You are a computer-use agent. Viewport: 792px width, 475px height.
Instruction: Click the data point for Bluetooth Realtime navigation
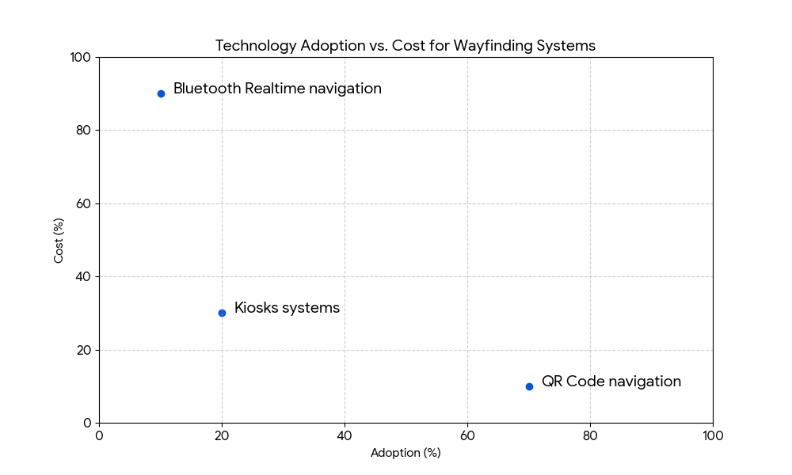(x=161, y=93)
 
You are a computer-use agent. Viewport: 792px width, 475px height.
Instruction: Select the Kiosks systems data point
(x=222, y=313)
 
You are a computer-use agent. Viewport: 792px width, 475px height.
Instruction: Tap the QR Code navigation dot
(x=529, y=386)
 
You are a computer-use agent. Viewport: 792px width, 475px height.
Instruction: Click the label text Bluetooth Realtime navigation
(x=277, y=89)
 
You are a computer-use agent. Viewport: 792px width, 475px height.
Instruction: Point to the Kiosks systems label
(x=287, y=308)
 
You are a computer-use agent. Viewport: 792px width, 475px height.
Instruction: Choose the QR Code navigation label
(x=611, y=382)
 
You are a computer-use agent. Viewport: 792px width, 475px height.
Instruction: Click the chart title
(x=405, y=46)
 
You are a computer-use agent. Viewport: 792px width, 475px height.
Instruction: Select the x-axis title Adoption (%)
(x=406, y=453)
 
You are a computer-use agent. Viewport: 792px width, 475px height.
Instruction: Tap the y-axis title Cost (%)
(x=59, y=240)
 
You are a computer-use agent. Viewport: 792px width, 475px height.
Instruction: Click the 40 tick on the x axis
(x=345, y=435)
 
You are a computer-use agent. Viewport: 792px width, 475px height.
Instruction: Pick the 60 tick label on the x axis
(x=467, y=435)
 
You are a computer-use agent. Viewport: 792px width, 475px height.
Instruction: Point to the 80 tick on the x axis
(x=590, y=435)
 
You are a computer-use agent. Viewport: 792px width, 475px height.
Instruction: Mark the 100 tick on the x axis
(x=713, y=435)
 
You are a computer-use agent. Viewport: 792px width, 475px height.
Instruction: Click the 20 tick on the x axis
(x=222, y=435)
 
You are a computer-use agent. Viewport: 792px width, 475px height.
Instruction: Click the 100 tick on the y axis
(x=80, y=57)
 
